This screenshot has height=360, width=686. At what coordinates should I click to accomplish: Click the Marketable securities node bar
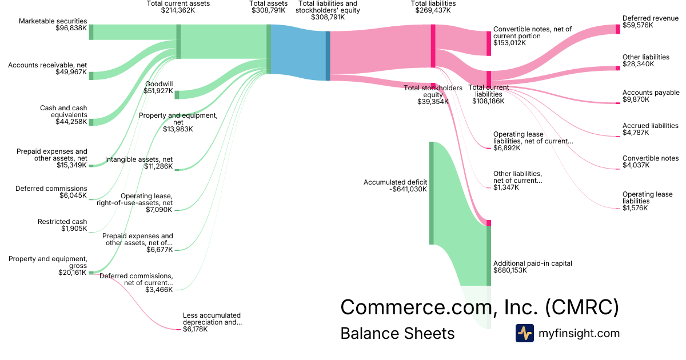click(91, 32)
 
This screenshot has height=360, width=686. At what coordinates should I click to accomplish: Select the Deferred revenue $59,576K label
click(650, 22)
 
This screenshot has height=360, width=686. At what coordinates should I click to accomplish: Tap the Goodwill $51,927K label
click(159, 87)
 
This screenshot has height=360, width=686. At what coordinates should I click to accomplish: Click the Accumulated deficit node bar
click(432, 193)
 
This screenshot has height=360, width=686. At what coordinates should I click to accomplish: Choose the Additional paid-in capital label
click(532, 267)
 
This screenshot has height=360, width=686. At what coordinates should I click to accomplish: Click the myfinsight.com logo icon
click(524, 333)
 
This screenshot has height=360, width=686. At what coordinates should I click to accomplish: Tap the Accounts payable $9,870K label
click(651, 96)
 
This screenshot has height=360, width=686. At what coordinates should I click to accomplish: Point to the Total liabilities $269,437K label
click(433, 7)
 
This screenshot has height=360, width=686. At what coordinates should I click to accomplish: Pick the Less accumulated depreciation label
click(212, 322)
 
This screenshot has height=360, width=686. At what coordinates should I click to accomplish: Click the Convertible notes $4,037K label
click(651, 162)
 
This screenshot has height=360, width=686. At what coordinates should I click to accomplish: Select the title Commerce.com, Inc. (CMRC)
click(480, 307)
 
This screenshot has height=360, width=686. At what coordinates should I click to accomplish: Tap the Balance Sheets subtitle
click(397, 333)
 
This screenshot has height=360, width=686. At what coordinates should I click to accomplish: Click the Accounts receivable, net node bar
click(91, 76)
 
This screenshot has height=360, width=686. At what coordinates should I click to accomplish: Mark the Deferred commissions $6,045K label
click(51, 192)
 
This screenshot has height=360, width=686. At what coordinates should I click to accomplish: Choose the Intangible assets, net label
click(139, 163)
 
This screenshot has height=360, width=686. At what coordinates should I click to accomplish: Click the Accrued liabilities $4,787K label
click(651, 129)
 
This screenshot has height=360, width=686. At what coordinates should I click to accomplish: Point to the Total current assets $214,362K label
click(178, 7)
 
